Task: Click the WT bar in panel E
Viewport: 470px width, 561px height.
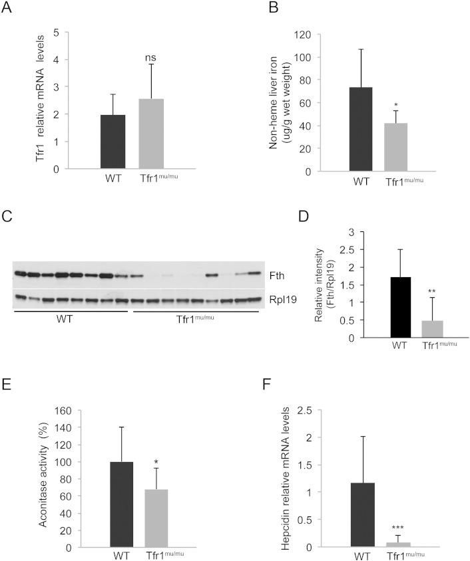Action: click(120, 505)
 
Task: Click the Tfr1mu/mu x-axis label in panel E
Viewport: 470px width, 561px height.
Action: click(161, 554)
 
